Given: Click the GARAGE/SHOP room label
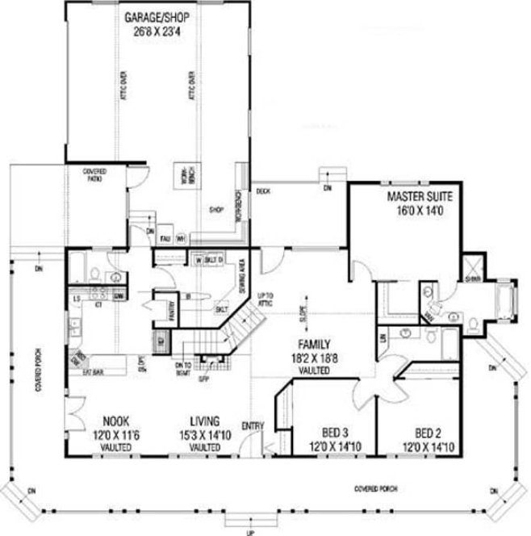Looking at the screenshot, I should point(155,17).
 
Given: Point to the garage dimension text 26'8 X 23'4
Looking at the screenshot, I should point(155,32).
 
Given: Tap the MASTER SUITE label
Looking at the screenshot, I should point(419,197).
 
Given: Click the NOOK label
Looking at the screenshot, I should point(116,421).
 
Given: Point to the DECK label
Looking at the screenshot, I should point(262,191).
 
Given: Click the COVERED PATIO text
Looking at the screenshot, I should point(95,175).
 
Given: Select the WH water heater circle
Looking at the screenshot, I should point(181,238).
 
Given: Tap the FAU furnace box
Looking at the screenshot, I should point(164,238).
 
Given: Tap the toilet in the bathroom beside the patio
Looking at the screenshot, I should point(95,272).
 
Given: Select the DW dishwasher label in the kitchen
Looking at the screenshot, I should point(119,297).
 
